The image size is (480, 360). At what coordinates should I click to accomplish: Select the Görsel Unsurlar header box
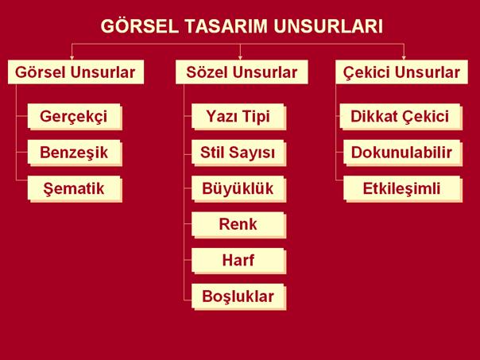(75, 72)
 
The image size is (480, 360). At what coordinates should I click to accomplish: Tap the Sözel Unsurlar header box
(242, 72)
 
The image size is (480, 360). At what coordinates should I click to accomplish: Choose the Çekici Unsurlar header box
(401, 72)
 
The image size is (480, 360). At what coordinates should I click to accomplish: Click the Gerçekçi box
(75, 117)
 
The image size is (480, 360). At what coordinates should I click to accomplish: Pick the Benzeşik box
(75, 153)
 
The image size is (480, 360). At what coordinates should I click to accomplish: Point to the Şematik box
(75, 188)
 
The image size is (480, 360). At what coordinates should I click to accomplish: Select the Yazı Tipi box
(238, 117)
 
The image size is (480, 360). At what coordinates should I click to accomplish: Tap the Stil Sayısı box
(238, 153)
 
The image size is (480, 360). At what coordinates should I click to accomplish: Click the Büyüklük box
(238, 188)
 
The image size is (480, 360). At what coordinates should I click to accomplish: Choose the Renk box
(238, 225)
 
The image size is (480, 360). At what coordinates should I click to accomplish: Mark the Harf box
(238, 261)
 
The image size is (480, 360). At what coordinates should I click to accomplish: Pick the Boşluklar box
(238, 297)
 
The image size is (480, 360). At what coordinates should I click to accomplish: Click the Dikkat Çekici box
(401, 117)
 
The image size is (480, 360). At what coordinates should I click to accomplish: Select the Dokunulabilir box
(403, 153)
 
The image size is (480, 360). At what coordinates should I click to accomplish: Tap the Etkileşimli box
(403, 188)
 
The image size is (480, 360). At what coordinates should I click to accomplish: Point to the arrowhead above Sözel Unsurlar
(240, 57)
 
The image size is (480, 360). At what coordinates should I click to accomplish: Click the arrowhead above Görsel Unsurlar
(72, 57)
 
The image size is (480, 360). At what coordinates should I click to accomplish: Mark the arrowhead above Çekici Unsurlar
(404, 57)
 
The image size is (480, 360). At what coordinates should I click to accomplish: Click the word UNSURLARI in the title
(328, 26)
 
